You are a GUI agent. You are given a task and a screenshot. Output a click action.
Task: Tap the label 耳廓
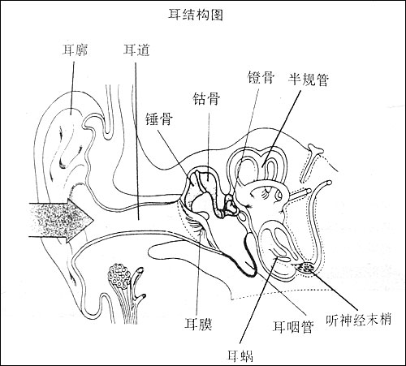click(75, 50)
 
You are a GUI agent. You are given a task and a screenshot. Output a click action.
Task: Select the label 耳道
click(135, 50)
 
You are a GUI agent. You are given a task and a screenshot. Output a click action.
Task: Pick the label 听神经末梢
click(358, 319)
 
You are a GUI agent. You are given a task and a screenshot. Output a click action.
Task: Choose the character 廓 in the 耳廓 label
click(81, 50)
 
